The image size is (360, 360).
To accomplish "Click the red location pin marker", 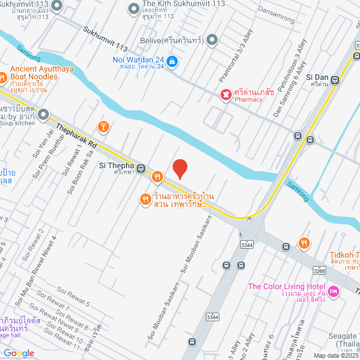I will point(179,169).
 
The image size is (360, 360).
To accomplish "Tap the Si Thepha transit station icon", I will point(141,167).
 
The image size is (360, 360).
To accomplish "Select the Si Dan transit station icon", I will point(335,80).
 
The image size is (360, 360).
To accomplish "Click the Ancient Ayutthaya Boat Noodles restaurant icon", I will point(2,76).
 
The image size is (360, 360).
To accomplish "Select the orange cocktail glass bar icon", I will point(102,125).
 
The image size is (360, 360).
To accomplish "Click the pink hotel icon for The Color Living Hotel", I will point(333,291).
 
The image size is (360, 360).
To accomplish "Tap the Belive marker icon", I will point(212,39).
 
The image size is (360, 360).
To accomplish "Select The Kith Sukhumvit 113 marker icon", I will point(133,8).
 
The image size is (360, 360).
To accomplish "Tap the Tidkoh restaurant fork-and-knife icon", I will point(304,243).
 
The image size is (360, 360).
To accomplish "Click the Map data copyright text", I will point(335,355).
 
